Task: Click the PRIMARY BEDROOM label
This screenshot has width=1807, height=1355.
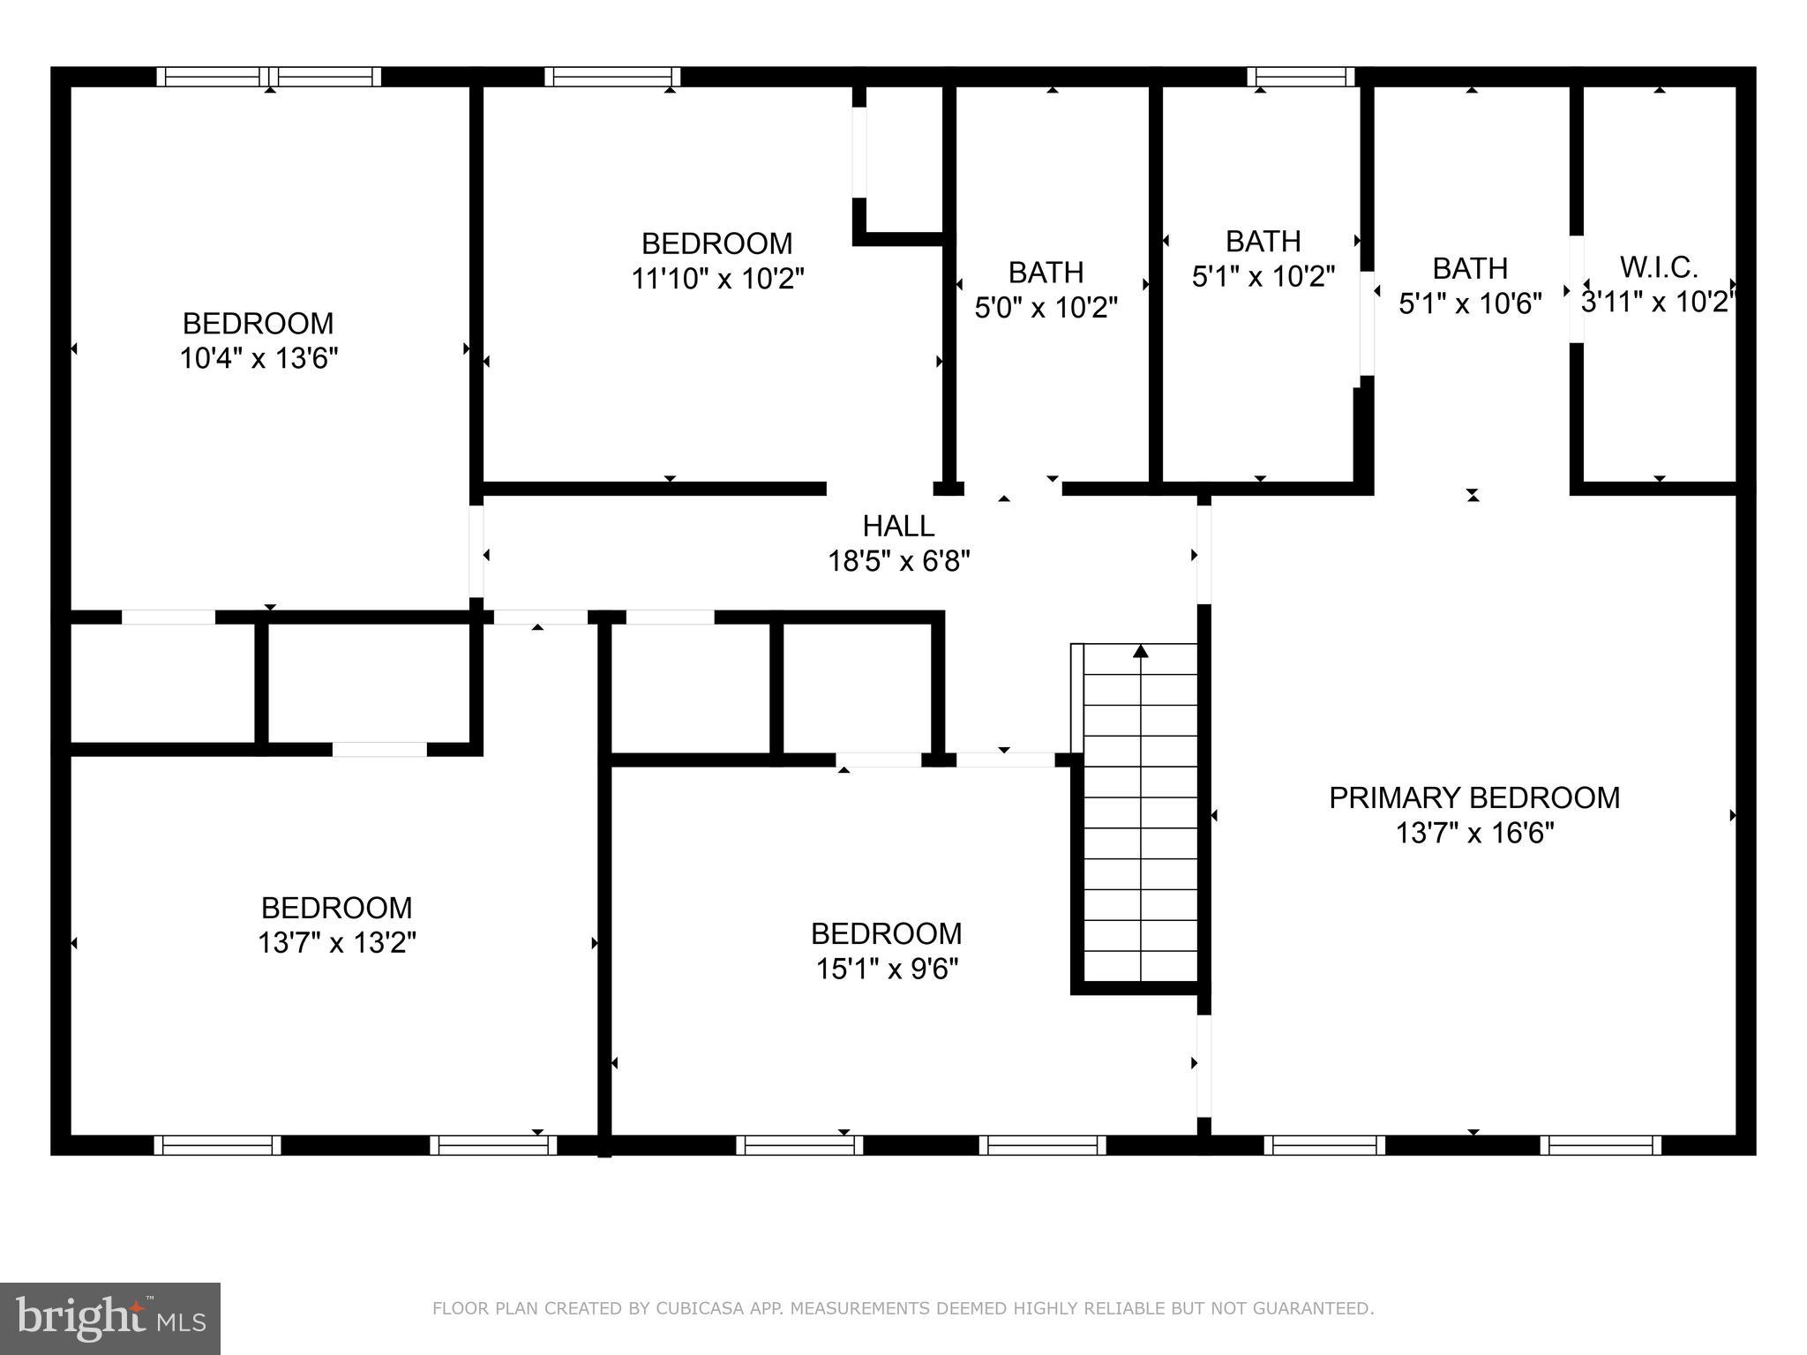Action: point(1473,797)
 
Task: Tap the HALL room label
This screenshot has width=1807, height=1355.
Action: point(898,526)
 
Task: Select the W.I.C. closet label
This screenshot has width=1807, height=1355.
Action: point(1659,266)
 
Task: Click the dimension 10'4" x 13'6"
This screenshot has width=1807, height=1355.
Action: point(259,359)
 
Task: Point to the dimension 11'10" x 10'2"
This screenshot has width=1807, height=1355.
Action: point(717,279)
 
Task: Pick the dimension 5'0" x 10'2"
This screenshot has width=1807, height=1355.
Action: point(1046,308)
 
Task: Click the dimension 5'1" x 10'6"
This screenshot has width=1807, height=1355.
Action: point(1470,303)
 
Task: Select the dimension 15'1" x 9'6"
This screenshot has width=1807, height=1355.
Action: point(886,969)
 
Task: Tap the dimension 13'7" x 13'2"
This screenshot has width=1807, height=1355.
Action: point(336,943)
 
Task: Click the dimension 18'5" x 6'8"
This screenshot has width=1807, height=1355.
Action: point(898,561)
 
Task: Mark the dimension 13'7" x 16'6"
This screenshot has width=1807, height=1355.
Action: point(1473,833)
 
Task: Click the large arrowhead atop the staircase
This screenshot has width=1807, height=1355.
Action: point(1141,651)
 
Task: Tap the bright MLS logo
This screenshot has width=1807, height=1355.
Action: point(110,1318)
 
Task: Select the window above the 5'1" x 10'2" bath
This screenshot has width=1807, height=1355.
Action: point(1301,77)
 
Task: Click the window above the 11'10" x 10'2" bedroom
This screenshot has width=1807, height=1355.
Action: point(611,77)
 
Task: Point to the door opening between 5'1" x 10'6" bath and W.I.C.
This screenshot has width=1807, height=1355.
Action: point(1576,288)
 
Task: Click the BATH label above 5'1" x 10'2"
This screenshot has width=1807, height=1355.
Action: point(1263,241)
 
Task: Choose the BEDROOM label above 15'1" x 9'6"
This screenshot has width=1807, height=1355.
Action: point(886,933)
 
